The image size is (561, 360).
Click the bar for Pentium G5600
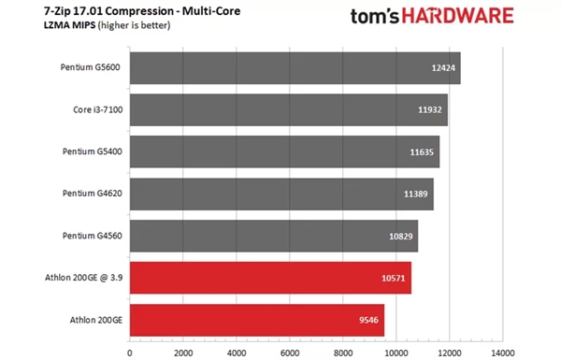pos(295,68)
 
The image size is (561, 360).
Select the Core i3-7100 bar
pos(288,110)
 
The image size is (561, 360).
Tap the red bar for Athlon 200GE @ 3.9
pos(270,278)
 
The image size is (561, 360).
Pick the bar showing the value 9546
pos(256,320)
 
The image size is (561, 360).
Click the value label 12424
pos(442,68)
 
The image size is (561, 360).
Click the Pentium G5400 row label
pos(92,152)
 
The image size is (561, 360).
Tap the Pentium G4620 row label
pos(92,194)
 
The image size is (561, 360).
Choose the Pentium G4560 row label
pos(92,237)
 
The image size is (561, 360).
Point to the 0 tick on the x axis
pos(130,353)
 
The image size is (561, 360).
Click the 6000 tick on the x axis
pos(290,353)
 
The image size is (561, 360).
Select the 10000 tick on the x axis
pos(396,353)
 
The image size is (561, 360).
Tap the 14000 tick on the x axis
pos(503,353)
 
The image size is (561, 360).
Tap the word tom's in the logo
pos(378,17)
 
